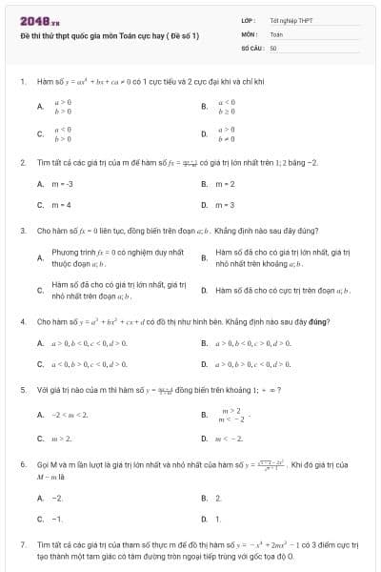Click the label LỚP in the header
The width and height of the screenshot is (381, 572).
click(248, 19)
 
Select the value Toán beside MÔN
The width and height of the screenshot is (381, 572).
click(276, 33)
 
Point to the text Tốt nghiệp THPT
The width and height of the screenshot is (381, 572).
click(291, 19)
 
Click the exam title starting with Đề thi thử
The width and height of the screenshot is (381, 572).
click(110, 34)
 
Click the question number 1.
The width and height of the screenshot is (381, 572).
click(22, 82)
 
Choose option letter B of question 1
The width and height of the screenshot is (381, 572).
click(204, 107)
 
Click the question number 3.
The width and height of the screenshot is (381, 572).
click(22, 230)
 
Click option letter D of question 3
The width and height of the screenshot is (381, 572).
click(204, 289)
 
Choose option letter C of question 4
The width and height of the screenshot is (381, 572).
click(40, 363)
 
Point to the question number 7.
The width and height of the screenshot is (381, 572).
click(22, 544)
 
